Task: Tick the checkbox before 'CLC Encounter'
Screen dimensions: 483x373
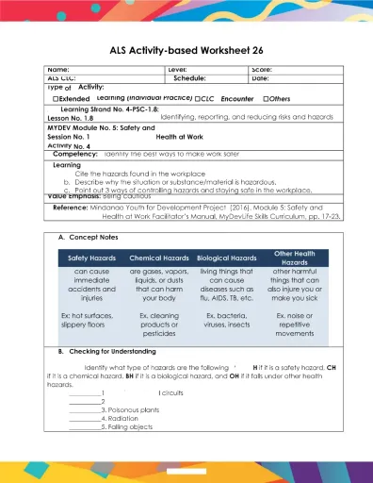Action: point(198,98)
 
